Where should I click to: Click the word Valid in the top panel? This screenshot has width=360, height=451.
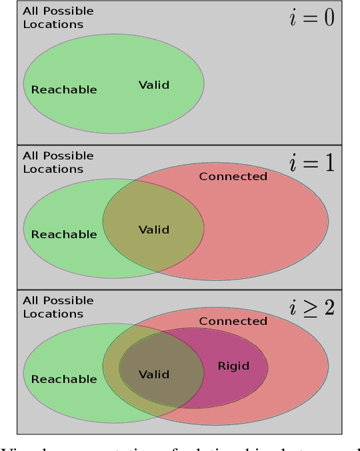click(x=153, y=85)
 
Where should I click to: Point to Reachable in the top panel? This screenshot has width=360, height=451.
click(x=64, y=89)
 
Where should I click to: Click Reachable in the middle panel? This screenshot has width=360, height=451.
click(x=64, y=234)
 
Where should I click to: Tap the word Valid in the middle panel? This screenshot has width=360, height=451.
click(x=153, y=230)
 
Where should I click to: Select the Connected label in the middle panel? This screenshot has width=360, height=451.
click(x=233, y=176)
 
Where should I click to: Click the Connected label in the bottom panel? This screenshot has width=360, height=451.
click(x=233, y=321)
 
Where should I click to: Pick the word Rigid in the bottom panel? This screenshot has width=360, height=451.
click(x=233, y=366)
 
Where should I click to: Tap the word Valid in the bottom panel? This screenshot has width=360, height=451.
click(x=153, y=374)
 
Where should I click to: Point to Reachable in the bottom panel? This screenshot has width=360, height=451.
click(x=64, y=379)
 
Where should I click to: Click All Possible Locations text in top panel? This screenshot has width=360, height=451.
click(x=58, y=17)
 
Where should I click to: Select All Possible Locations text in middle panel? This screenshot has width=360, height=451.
click(x=58, y=162)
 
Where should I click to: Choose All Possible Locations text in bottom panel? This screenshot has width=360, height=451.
click(x=58, y=307)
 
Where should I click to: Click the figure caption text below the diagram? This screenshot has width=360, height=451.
click(x=180, y=446)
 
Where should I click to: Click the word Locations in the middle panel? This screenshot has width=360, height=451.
click(x=53, y=169)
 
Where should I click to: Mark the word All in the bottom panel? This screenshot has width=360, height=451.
click(x=31, y=300)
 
